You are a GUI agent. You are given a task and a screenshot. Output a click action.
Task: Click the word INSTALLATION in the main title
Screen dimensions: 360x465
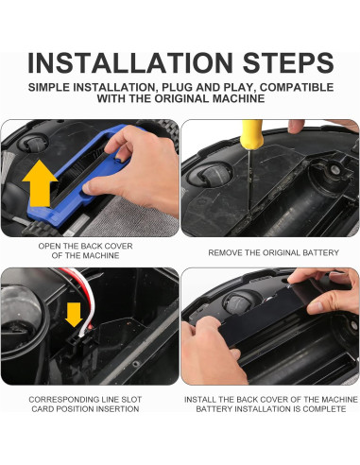click(130, 62)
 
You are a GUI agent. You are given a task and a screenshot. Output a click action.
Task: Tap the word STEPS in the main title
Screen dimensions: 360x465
click(288, 62)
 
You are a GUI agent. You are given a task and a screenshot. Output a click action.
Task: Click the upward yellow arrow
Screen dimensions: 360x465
click(40, 182)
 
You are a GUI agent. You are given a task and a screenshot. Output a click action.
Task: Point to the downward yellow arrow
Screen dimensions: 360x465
click(74, 315)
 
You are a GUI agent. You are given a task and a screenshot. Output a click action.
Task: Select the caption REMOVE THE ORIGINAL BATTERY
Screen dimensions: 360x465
click(273, 252)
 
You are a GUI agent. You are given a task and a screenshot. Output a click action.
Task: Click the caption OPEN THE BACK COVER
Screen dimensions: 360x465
click(85, 246)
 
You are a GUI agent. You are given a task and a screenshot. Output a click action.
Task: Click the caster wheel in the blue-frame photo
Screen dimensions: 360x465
click(33, 144)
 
